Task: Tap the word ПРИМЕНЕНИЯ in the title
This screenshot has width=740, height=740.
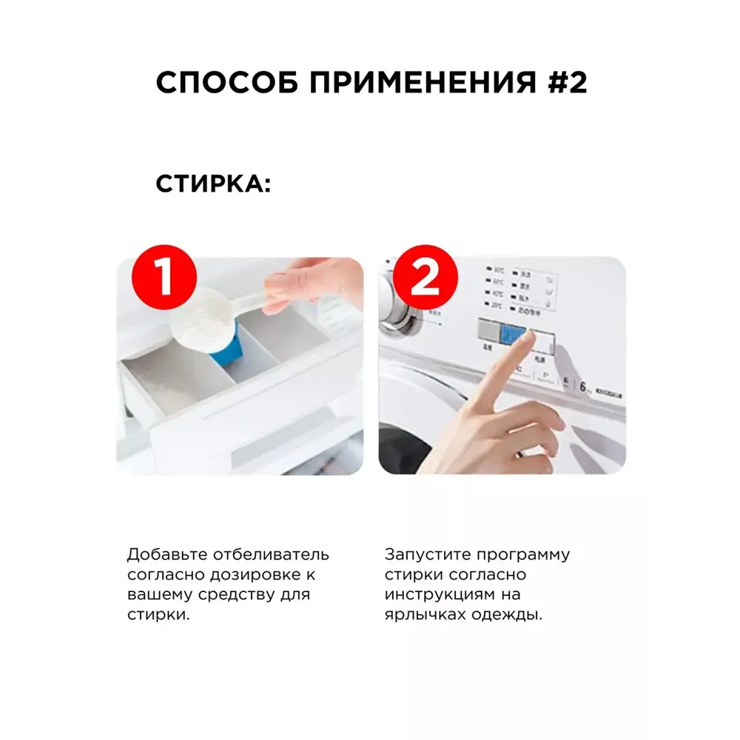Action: [422, 83]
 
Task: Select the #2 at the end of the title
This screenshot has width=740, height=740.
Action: [568, 83]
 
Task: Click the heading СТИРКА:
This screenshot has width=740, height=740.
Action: [213, 184]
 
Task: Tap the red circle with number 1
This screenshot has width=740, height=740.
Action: [164, 277]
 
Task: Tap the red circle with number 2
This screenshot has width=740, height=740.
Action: [425, 278]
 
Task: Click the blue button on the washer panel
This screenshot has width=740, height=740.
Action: [512, 333]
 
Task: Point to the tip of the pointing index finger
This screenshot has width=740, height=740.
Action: [528, 337]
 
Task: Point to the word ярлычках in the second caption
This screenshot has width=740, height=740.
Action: [420, 615]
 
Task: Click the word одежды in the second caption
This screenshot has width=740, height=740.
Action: [509, 615]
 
